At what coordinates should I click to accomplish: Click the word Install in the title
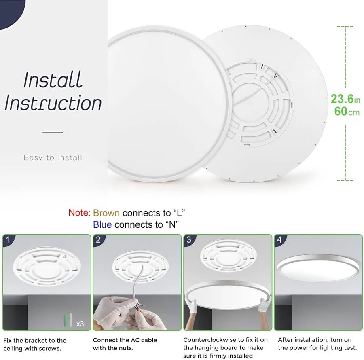click(x=53, y=80)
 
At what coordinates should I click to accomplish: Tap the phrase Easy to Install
click(x=53, y=157)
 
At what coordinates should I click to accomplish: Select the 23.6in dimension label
click(x=345, y=99)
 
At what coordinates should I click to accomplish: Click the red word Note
click(x=78, y=213)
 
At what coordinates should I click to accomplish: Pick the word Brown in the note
click(x=106, y=213)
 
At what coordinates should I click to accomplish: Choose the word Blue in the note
click(x=102, y=224)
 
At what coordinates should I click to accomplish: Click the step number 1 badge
click(x=8, y=240)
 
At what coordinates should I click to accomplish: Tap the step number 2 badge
click(x=98, y=240)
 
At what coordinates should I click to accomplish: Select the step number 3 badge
click(x=189, y=240)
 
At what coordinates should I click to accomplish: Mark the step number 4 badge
click(x=279, y=240)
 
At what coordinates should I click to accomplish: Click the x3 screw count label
click(x=80, y=324)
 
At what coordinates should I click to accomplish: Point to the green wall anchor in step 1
click(x=64, y=321)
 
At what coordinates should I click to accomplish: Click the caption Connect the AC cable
click(x=125, y=340)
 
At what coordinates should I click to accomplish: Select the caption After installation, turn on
click(x=315, y=340)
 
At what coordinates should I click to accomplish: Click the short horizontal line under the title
click(x=53, y=132)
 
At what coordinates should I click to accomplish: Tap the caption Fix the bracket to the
click(x=35, y=340)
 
